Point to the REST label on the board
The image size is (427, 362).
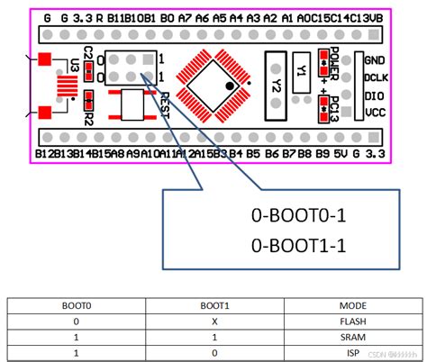(164, 109)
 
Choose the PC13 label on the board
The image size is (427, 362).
(334, 100)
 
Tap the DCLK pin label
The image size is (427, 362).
(376, 77)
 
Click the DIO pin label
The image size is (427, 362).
(376, 95)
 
